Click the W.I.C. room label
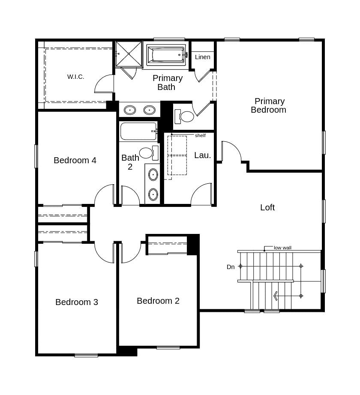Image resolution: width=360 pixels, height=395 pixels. pyautogui.click(x=75, y=77)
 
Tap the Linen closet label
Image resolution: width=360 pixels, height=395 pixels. pyautogui.click(x=202, y=57)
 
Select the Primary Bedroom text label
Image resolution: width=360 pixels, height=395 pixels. pyautogui.click(x=269, y=105)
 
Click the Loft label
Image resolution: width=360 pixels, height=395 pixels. pyautogui.click(x=267, y=207)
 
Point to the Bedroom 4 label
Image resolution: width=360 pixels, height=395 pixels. pyautogui.click(x=75, y=160)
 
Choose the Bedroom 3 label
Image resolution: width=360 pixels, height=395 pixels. pyautogui.click(x=77, y=302)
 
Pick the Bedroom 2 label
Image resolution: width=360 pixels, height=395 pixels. pyautogui.click(x=158, y=301)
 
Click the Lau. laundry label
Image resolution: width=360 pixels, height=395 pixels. pyautogui.click(x=202, y=155)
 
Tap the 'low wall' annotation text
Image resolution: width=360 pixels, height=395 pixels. pyautogui.click(x=282, y=248)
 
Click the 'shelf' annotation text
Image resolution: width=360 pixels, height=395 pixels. pyautogui.click(x=200, y=135)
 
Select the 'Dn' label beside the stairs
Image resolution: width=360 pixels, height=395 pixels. pyautogui.click(x=231, y=267)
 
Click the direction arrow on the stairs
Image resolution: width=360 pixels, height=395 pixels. pyautogui.click(x=276, y=296)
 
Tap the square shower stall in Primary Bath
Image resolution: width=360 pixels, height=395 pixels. pyautogui.click(x=129, y=54)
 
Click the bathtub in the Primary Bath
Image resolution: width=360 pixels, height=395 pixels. pyautogui.click(x=166, y=55)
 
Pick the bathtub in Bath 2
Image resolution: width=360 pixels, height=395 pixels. pyautogui.click(x=138, y=131)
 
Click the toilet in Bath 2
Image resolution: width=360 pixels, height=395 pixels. pyautogui.click(x=148, y=153)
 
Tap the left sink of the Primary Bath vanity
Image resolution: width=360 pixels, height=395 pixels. pyautogui.click(x=130, y=110)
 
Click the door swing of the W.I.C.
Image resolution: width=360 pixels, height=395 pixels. pyautogui.click(x=103, y=84)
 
